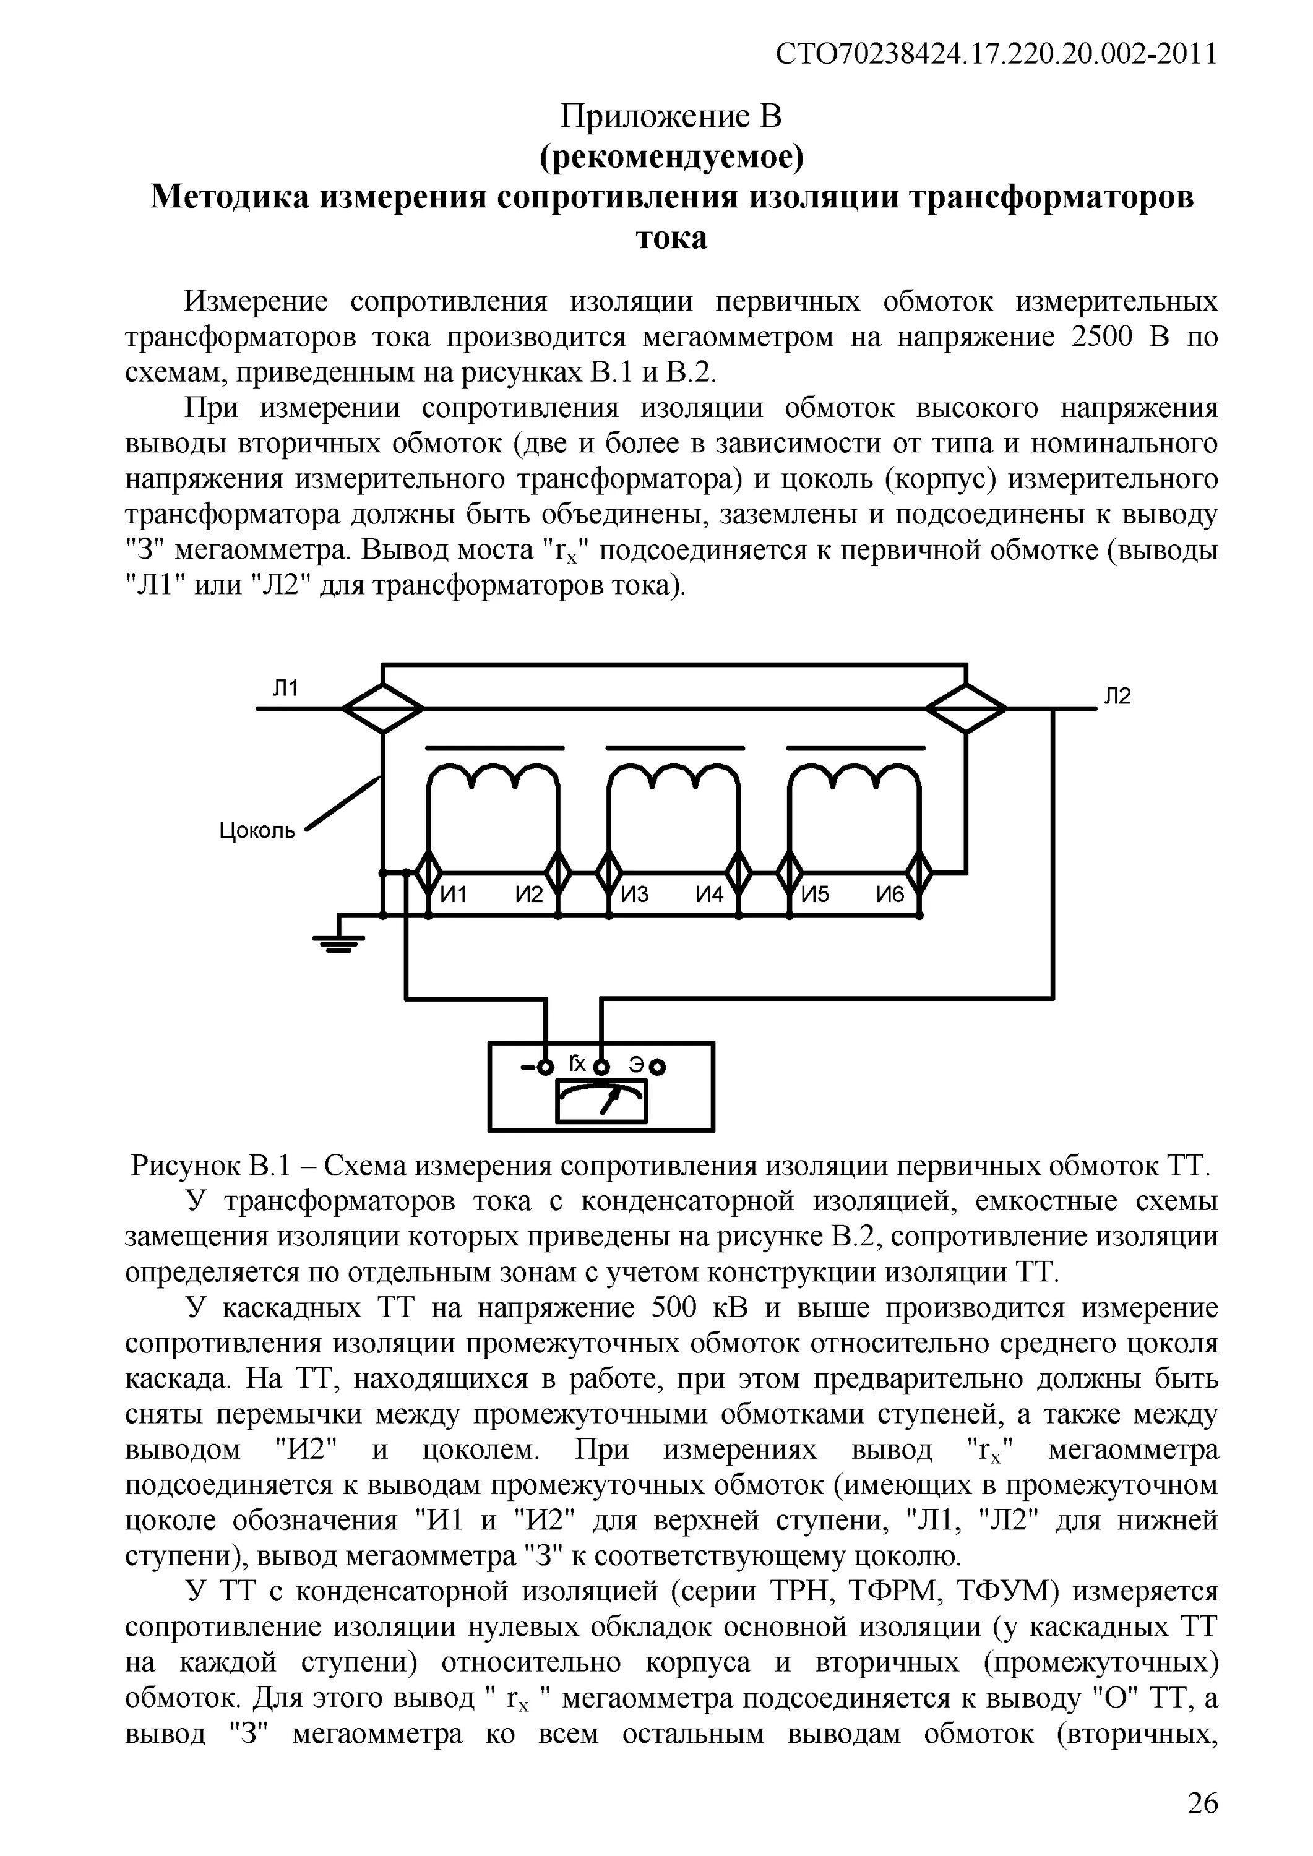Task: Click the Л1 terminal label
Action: pyautogui.click(x=285, y=688)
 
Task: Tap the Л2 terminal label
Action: pyautogui.click(x=1118, y=696)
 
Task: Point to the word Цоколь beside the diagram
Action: pyautogui.click(x=257, y=830)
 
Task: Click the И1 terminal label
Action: pyautogui.click(x=454, y=895)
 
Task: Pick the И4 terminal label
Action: pyautogui.click(x=709, y=895)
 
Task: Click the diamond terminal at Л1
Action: pyautogui.click(x=382, y=708)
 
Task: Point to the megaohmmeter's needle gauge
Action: pyautogui.click(x=601, y=1101)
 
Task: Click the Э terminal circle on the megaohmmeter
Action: pyautogui.click(x=660, y=1068)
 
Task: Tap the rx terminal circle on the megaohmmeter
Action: pyautogui.click(x=601, y=1067)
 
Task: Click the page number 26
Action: pyautogui.click(x=1202, y=1803)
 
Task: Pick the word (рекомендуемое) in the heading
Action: pyautogui.click(x=671, y=158)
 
